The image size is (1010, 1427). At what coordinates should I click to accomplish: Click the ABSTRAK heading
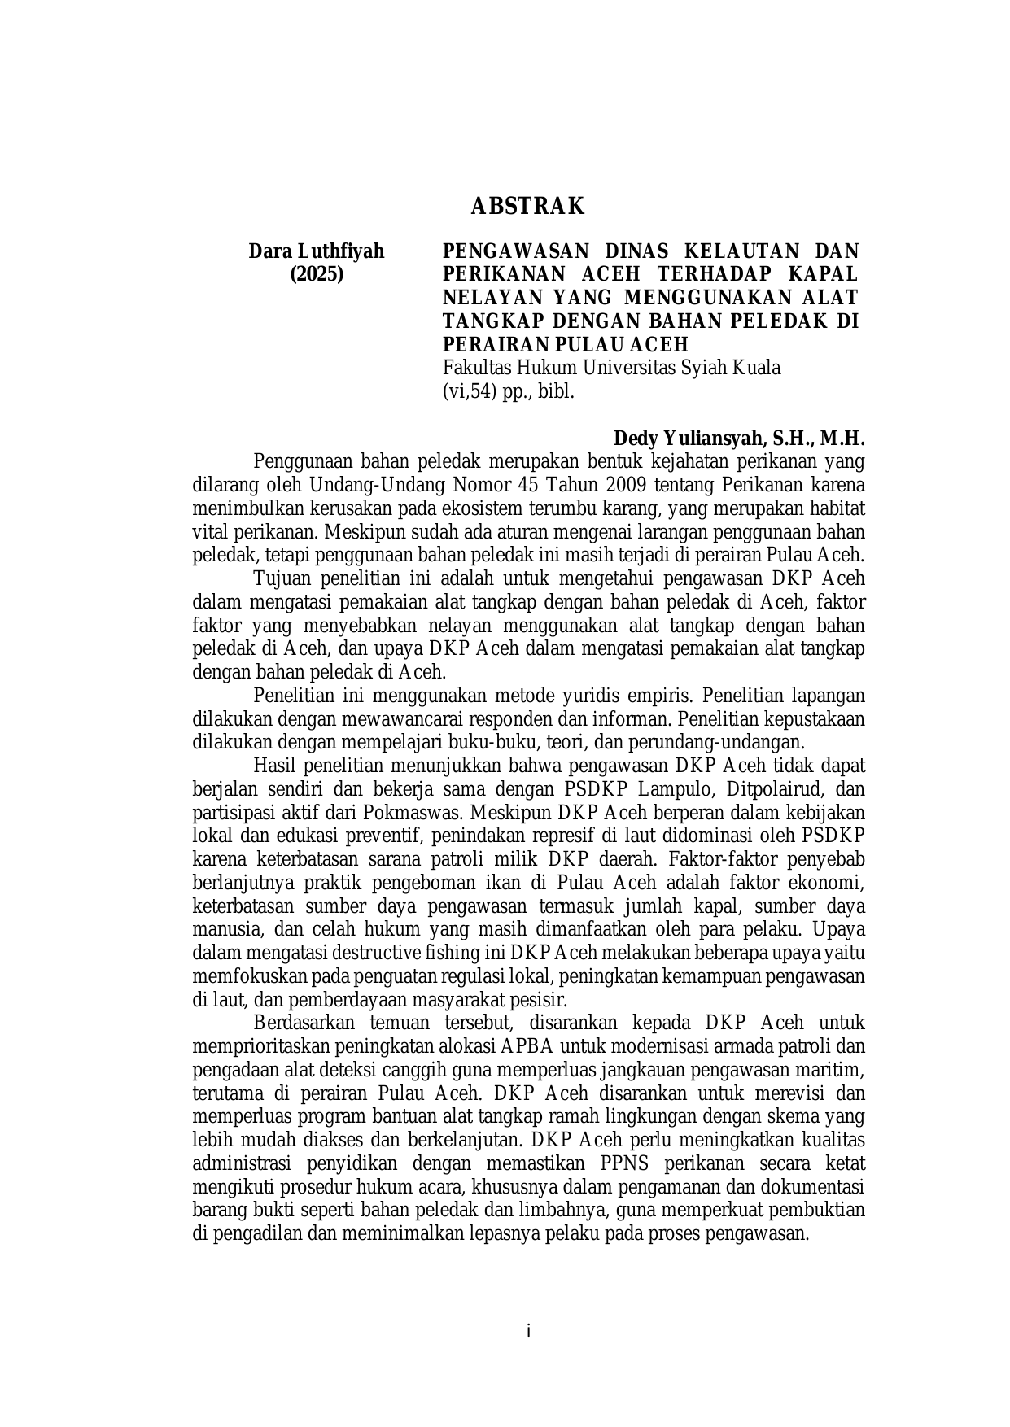pos(527,207)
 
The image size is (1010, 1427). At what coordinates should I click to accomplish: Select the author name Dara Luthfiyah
pos(316,251)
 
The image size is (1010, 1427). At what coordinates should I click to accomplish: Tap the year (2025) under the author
pos(317,274)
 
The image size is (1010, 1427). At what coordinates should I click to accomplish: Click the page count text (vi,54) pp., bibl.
pos(509,391)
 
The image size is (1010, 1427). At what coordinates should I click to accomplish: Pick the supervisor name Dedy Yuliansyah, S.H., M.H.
pos(739,439)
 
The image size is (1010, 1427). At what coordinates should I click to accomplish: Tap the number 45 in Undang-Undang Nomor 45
pos(530,486)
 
